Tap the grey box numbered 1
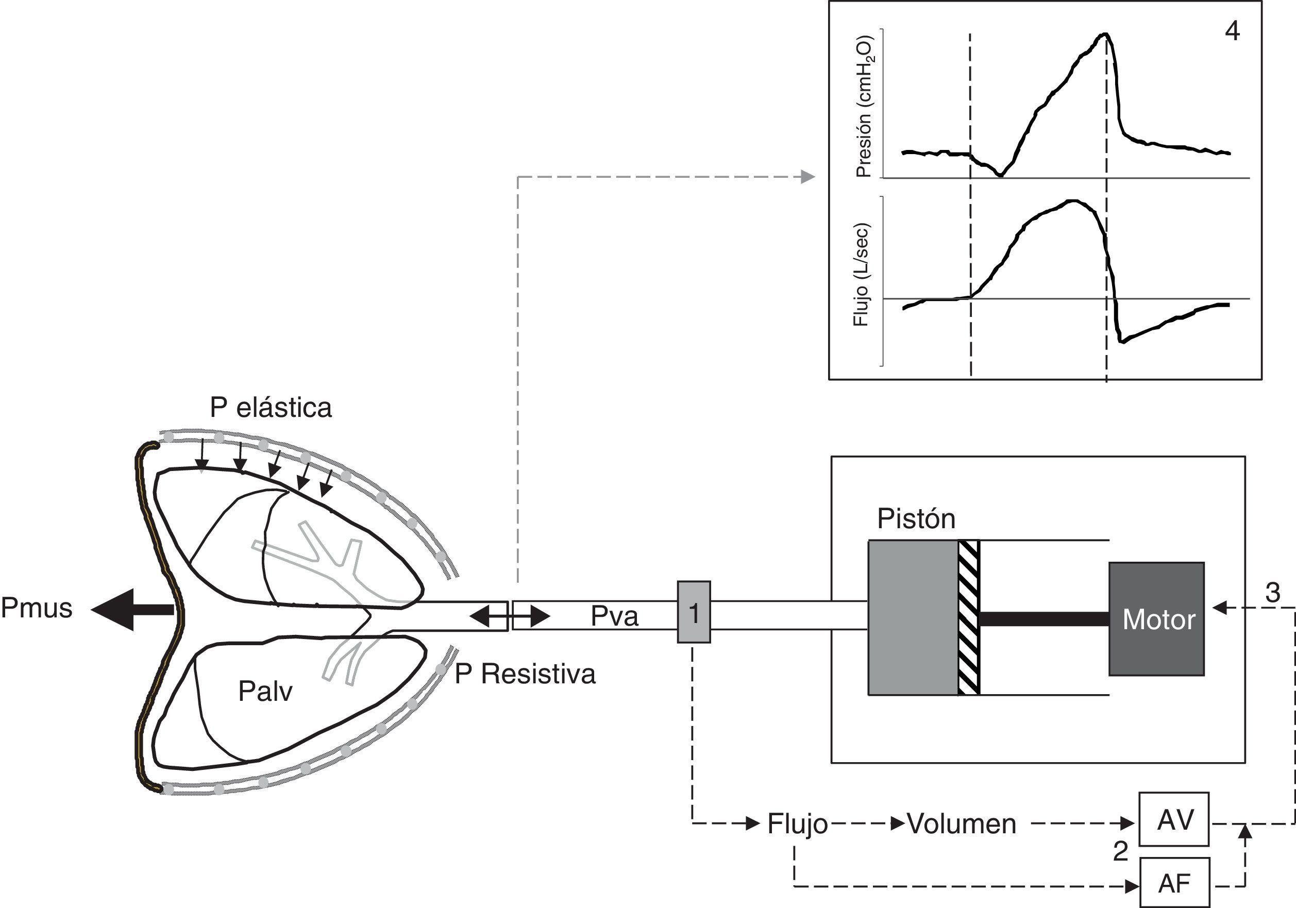click(x=694, y=612)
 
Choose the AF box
click(x=1174, y=883)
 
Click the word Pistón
click(x=916, y=519)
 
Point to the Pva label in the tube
click(x=614, y=616)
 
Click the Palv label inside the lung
click(x=265, y=691)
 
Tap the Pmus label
click(x=37, y=609)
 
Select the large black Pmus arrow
click(x=132, y=610)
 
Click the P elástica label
click(x=271, y=408)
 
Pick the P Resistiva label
click(x=525, y=674)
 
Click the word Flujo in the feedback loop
click(x=797, y=825)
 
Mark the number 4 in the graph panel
click(x=1232, y=31)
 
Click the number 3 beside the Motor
click(x=1272, y=593)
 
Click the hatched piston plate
click(x=969, y=617)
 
